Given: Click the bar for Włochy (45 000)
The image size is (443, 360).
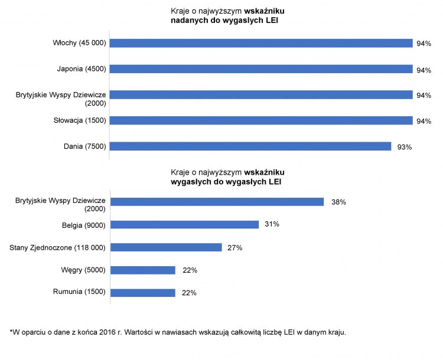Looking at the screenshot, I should (260, 43).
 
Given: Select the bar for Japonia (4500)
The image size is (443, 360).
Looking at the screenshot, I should (260, 69).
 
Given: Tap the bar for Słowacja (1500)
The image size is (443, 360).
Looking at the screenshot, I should (260, 120).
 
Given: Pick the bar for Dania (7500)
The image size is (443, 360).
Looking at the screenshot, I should (250, 146).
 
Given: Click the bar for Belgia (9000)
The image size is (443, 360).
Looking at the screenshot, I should (184, 224).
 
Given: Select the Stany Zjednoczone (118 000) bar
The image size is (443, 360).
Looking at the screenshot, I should (166, 247).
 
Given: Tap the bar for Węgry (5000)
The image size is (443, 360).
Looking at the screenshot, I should (143, 270).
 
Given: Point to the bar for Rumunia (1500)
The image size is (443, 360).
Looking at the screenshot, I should (143, 292).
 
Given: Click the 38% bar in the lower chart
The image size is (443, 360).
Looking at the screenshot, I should (217, 202).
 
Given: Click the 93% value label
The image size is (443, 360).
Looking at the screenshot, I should (405, 146).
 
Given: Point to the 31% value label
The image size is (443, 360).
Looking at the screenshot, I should (272, 224).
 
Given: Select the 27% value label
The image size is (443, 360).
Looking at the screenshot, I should (235, 247).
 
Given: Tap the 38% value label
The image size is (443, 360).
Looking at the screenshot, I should (338, 202).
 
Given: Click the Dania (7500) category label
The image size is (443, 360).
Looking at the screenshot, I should (84, 146).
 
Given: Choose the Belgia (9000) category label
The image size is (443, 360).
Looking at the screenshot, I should (84, 225).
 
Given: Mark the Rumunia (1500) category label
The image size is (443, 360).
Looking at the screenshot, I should (79, 293).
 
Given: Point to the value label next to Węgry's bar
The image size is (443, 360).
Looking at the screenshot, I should (190, 270).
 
